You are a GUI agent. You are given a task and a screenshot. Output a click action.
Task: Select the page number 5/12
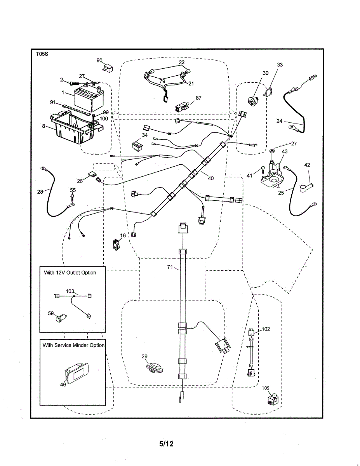[x=166, y=443]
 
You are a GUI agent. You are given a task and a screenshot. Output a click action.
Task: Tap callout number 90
[x=99, y=60]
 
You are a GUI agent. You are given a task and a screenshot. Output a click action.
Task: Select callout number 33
[x=280, y=65]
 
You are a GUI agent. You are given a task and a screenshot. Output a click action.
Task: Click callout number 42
[x=307, y=165]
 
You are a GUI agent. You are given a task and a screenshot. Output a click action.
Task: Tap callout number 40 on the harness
[x=211, y=179]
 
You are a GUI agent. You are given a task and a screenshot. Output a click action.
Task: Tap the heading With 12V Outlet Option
[x=70, y=273]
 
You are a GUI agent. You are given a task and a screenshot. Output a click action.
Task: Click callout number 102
[x=266, y=329]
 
